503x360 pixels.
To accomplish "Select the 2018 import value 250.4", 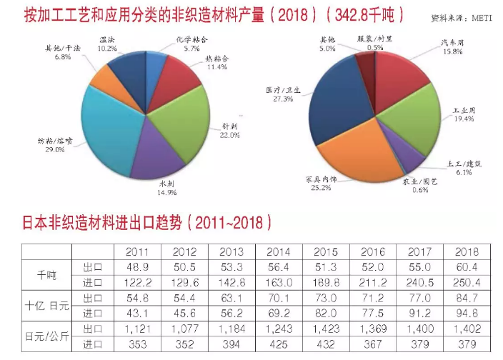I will point(468,281).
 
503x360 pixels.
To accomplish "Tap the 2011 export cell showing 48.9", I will point(136,266).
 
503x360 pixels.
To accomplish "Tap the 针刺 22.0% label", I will point(231,129).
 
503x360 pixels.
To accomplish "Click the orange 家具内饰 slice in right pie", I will point(350,154).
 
